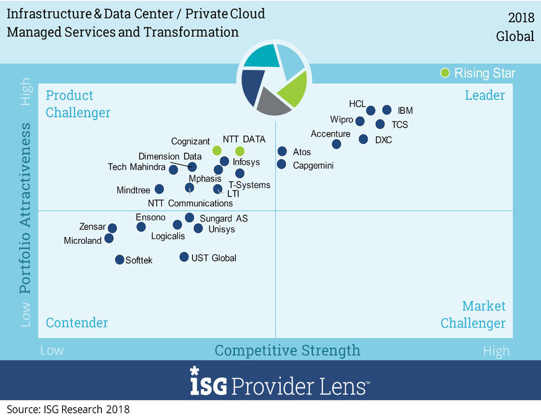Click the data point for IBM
coord(387,110)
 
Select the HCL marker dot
coord(371,110)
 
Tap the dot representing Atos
coord(282,151)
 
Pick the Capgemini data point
coord(281,165)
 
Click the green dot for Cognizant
coord(217,150)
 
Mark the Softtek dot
coord(120,260)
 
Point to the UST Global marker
coord(184,257)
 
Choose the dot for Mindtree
coord(159,189)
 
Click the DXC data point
coord(363,139)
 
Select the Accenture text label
coord(330,134)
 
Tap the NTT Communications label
coord(190,203)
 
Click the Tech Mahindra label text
coord(137,167)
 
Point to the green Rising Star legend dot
coord(445,72)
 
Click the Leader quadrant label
coord(485,95)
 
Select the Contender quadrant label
coord(77,323)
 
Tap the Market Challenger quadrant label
coord(473,315)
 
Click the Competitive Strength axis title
coord(288,350)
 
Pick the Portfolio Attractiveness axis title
coord(25,208)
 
